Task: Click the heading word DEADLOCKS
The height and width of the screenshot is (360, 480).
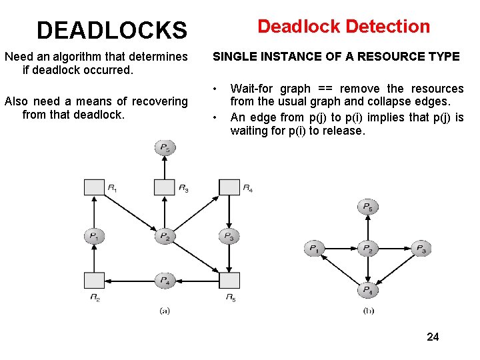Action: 112,30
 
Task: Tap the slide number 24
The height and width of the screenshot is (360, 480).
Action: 433,337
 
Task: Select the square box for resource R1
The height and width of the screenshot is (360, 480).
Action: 95,187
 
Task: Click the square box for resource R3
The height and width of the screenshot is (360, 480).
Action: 164,187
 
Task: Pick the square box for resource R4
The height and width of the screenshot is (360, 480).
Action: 229,187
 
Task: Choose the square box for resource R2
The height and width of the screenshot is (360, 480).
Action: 95,281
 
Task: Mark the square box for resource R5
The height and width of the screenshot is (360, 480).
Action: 229,281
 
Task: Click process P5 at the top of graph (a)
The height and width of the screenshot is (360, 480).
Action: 164,147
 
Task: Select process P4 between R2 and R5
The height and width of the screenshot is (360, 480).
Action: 164,281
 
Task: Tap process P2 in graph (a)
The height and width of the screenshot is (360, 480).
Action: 164,236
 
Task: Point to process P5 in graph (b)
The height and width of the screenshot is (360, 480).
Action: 367,207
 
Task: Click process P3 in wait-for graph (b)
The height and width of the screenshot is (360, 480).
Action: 420,249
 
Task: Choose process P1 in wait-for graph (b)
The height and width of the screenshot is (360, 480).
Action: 314,249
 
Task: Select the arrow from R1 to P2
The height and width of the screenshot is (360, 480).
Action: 130,212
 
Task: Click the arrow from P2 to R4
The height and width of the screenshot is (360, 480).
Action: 197,212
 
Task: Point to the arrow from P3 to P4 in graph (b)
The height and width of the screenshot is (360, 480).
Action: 395,269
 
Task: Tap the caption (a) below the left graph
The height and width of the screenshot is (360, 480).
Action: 164,311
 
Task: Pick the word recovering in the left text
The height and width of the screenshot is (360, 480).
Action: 161,101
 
